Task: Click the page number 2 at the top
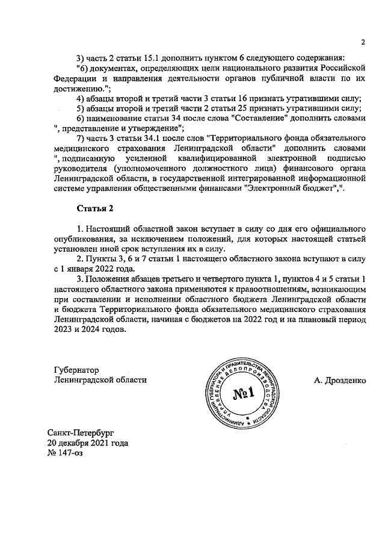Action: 363,42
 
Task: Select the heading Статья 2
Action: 94,208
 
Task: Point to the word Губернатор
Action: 76,370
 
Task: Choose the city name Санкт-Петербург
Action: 81,432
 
